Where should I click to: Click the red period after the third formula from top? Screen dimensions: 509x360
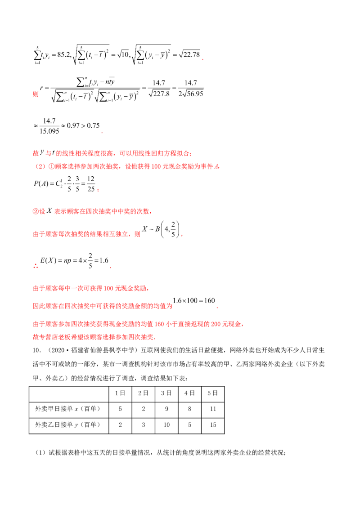tap(103, 134)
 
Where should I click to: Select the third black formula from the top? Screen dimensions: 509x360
tap(67, 127)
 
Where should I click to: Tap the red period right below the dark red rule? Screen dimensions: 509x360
tap(182, 236)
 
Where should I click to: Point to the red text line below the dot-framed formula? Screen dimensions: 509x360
tap(92, 289)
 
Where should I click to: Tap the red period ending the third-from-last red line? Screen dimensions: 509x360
tap(218, 308)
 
